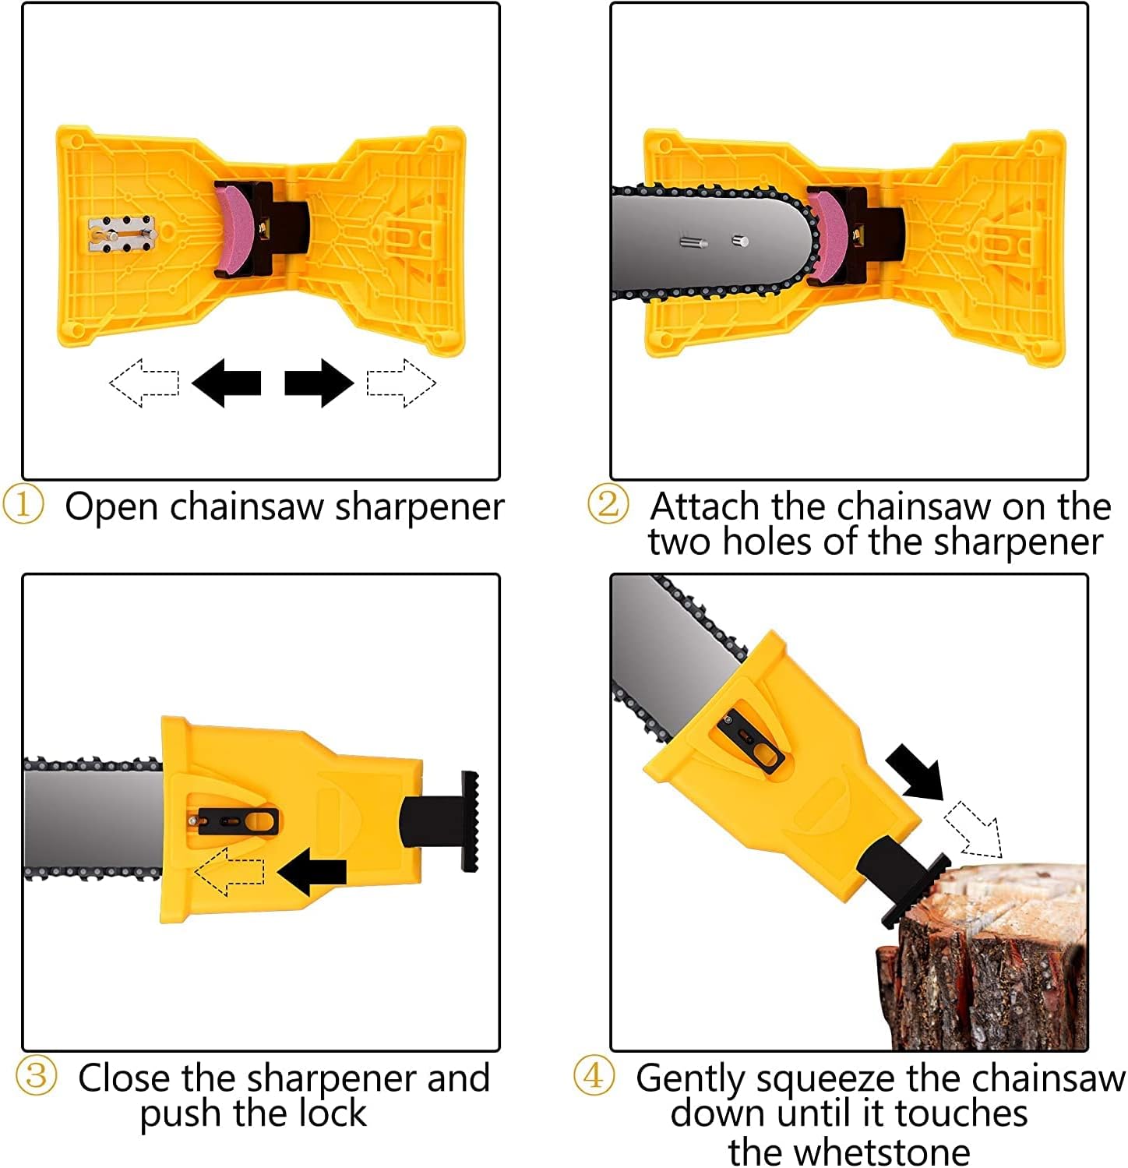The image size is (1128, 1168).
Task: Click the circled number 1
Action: (23, 505)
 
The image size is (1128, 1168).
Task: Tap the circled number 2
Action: (608, 505)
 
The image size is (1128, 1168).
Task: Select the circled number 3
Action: (36, 1077)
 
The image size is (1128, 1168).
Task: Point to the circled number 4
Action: (594, 1076)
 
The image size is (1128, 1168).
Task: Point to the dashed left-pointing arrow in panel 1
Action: (144, 383)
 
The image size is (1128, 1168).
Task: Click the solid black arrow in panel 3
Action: (312, 871)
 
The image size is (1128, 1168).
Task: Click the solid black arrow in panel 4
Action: (918, 772)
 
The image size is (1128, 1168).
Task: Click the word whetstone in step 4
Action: (849, 1151)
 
